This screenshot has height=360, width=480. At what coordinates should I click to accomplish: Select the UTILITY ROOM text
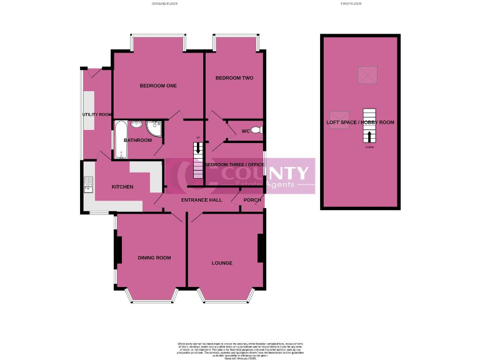click(x=97, y=114)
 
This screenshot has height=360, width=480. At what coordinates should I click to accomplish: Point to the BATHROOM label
click(x=137, y=140)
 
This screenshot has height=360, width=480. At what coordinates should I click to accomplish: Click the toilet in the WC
click(x=259, y=131)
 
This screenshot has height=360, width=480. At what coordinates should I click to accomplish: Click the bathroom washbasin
click(x=136, y=124)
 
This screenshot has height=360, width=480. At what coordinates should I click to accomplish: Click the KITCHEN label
click(x=122, y=187)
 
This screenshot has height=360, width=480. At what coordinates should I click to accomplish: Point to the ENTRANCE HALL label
click(x=201, y=200)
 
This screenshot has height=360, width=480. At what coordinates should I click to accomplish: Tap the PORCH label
click(x=252, y=200)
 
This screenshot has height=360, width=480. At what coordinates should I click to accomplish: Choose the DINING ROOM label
click(x=154, y=257)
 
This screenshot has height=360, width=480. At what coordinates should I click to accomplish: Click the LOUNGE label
click(x=222, y=263)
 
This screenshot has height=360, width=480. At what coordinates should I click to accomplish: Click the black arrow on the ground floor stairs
click(x=198, y=149)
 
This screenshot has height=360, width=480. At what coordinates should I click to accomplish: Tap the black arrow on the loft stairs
click(x=370, y=137)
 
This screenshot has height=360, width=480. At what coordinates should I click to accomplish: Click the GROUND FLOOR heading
click(x=166, y=4)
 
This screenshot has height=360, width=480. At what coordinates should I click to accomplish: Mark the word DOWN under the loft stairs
click(x=370, y=147)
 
